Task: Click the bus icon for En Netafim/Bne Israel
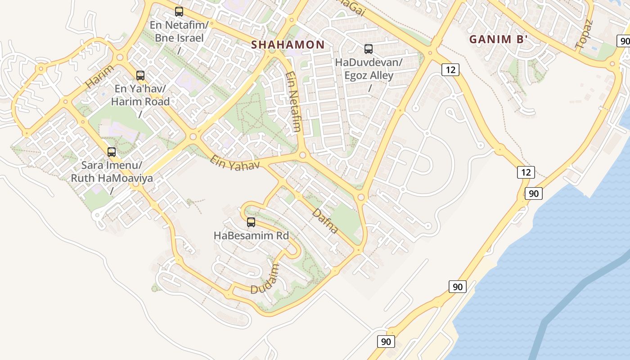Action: coord(179,12)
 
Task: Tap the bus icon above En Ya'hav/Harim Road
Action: coord(140,76)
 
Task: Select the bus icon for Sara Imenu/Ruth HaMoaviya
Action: coord(112,152)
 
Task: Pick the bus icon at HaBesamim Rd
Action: coord(251,222)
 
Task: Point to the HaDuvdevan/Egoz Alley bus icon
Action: coord(369,49)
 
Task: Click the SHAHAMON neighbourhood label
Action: coord(288,45)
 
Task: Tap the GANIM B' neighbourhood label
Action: coord(498,39)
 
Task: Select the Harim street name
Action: coord(99,76)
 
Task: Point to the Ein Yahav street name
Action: coord(235,162)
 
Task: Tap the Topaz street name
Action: coord(585,34)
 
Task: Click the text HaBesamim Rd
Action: coord(251,235)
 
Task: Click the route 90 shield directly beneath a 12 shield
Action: coord(533,193)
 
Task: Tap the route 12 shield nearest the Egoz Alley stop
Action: coord(450,69)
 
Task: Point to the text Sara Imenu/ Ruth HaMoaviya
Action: coord(112,172)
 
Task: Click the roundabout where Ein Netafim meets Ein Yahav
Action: coord(302,155)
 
